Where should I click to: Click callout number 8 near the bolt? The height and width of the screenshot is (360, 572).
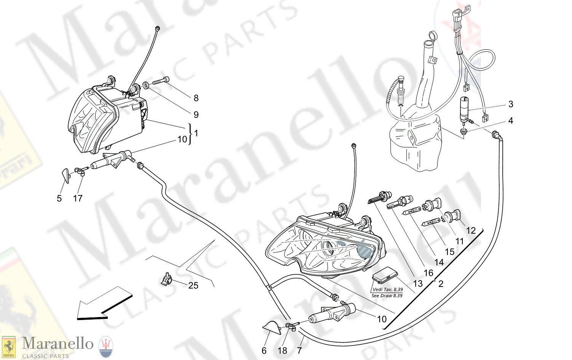coord(196,98)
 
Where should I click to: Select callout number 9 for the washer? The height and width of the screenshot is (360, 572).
coord(196,115)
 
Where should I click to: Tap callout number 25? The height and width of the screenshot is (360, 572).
coord(193,285)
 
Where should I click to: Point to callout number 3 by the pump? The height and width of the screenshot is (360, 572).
coord(511,104)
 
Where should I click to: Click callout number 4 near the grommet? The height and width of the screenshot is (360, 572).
coord(511,121)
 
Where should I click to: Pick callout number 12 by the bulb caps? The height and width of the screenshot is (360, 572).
coord(471,231)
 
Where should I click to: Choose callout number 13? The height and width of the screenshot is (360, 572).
coord(418,284)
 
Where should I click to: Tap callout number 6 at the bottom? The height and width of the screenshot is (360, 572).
coord(264,350)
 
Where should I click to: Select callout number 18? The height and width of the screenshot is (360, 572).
coord(282,350)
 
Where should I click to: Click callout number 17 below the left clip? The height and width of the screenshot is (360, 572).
coord(78,198)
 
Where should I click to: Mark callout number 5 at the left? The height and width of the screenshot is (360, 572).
coord(59,198)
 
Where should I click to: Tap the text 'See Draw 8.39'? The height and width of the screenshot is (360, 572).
coord(387,296)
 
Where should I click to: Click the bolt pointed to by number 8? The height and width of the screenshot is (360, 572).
coord(161,81)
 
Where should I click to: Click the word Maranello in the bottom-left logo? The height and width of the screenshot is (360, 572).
coord(58,344)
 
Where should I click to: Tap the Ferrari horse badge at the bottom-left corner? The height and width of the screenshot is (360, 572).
coord(8,347)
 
